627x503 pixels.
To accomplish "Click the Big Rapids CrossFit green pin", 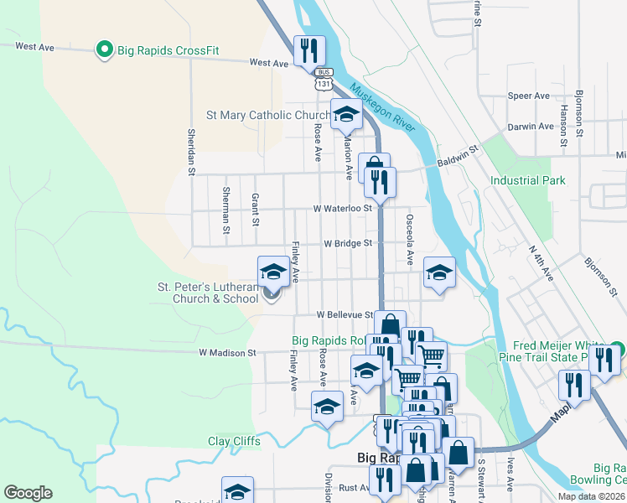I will point(106,50).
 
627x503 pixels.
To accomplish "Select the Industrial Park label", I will point(528,180).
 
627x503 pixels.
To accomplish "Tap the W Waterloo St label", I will point(342,208).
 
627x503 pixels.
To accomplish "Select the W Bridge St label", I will point(348,243).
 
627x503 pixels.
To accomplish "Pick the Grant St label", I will point(255,210).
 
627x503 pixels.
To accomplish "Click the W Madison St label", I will point(227,354).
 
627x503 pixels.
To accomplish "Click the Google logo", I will point(28,493).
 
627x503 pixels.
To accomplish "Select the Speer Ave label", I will point(528,96).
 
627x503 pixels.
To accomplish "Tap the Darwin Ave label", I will point(531,127).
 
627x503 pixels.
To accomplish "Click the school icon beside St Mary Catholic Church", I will point(345,115).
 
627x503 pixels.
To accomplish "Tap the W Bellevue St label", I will point(345,314).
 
